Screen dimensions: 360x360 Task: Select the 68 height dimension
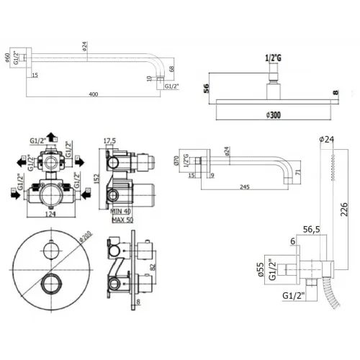170,69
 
